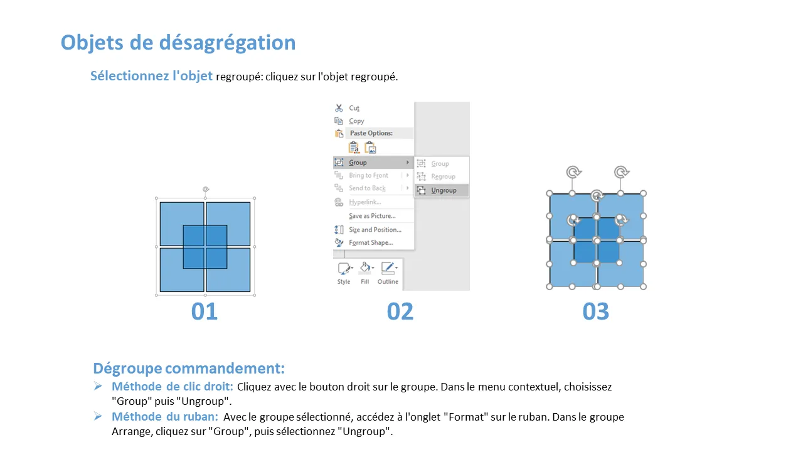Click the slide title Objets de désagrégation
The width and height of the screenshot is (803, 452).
[178, 43]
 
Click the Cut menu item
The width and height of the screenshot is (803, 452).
[354, 108]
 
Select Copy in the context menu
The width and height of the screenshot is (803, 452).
[356, 121]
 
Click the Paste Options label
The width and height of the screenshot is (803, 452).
[371, 133]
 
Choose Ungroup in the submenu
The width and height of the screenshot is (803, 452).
[444, 190]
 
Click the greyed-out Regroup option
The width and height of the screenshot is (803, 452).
[443, 176]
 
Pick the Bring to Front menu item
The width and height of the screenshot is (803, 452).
[368, 175]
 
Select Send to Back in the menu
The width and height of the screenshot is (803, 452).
[367, 188]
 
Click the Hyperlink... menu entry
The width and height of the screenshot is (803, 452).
[365, 202]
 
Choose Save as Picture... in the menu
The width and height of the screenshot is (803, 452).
[372, 216]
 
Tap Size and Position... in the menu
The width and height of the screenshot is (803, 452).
[375, 230]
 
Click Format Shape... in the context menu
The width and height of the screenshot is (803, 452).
[371, 243]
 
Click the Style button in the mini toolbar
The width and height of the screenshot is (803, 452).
[344, 274]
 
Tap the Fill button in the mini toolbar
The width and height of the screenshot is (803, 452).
[365, 274]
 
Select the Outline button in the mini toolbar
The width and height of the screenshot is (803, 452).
[388, 274]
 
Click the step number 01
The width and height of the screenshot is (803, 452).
[205, 311]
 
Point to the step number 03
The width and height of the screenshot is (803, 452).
[595, 311]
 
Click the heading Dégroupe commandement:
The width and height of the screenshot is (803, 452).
[189, 369]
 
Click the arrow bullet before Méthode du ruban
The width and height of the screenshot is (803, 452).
[97, 416]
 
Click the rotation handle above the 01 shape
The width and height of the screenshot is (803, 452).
[206, 189]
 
